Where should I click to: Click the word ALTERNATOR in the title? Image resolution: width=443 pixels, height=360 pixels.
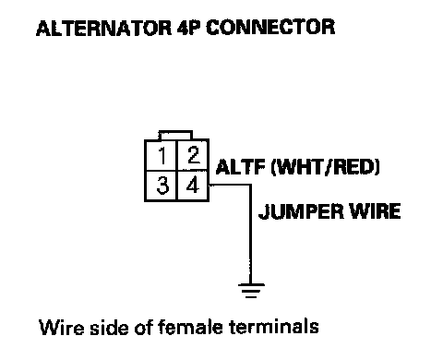103,28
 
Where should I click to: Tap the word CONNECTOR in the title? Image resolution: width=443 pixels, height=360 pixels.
270,28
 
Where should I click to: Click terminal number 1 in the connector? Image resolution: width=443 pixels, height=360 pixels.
162,155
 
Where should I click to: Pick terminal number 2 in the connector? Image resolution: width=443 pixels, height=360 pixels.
193,155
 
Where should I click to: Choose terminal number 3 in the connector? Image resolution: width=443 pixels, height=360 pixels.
162,186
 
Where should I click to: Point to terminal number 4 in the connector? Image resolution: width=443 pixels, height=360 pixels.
193,186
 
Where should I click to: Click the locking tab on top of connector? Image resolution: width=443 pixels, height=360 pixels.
175,135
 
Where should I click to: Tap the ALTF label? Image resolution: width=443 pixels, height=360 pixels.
241,167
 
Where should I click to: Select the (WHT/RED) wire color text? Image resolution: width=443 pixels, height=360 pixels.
326,167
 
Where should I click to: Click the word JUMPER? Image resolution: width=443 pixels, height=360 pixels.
301,211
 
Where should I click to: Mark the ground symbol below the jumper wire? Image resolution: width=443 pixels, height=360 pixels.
251,291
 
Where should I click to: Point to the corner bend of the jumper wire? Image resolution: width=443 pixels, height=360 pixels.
250,186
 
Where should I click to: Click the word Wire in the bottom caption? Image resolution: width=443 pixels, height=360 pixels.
62,327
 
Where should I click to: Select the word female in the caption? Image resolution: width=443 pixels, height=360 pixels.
190,327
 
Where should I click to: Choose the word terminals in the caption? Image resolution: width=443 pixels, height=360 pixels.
274,327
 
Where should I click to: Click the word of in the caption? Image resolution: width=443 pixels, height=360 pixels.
144,327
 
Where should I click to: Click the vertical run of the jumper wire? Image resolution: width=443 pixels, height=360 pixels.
250,234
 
